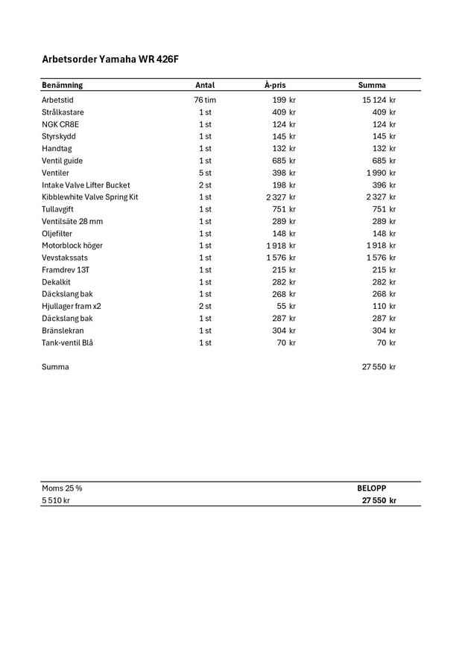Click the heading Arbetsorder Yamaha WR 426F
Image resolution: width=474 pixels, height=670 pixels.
[x=110, y=59]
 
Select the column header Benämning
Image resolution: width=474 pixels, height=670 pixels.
[x=62, y=85]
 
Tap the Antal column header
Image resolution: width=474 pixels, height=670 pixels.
[x=204, y=85]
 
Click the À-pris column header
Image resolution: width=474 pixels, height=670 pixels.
[x=275, y=85]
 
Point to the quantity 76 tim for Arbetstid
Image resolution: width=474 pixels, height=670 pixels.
[x=204, y=100]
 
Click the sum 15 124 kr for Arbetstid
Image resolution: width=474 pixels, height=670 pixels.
[x=379, y=100]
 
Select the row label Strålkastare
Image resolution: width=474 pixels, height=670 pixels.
[x=63, y=112]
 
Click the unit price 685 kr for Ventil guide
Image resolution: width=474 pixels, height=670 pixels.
[x=283, y=161]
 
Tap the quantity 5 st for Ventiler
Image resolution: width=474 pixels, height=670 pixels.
[x=204, y=173]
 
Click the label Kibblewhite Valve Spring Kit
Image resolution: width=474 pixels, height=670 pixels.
[x=89, y=197]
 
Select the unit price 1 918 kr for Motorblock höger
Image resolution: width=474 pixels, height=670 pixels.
[x=280, y=246]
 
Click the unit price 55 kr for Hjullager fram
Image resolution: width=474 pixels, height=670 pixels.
[x=285, y=306]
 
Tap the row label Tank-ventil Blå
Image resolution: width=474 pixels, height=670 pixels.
[x=67, y=342]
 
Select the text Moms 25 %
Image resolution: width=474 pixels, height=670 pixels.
[x=62, y=488]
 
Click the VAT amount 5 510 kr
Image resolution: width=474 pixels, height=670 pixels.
[x=56, y=500]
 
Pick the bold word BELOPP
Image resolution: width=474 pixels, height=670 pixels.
[x=372, y=488]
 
